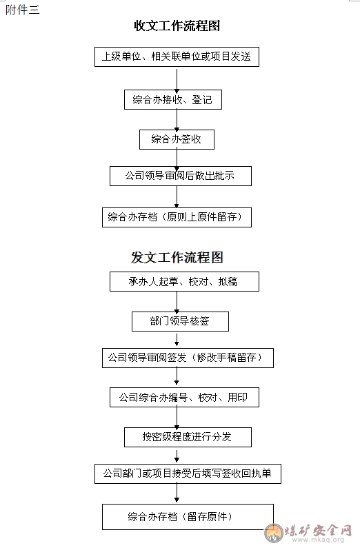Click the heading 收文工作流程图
pyautogui.click(x=177, y=26)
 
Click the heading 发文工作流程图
pyautogui.click(x=177, y=257)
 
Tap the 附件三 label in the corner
pyautogui.click(x=23, y=10)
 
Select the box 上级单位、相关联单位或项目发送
pyautogui.click(x=177, y=57)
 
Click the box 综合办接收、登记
pyautogui.click(x=173, y=100)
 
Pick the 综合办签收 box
pyautogui.click(x=177, y=140)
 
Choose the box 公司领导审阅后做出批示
pyautogui.click(x=181, y=176)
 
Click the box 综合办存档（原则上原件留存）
pyautogui.click(x=177, y=218)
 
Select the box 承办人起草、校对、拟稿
pyautogui.click(x=185, y=281)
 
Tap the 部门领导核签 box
pyautogui.click(x=181, y=321)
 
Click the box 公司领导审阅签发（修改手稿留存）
pyautogui.click(x=188, y=358)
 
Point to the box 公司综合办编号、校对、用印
pyautogui.click(x=185, y=398)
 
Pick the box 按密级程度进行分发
pyautogui.click(x=188, y=437)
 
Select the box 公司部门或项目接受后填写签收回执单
pyautogui.click(x=188, y=474)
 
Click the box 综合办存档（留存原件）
pyautogui.click(x=188, y=517)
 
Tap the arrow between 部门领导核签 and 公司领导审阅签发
pyautogui.click(x=177, y=340)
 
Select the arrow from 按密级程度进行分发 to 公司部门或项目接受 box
pyautogui.click(x=177, y=456)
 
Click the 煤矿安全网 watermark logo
pyautogui.click(x=308, y=533)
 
